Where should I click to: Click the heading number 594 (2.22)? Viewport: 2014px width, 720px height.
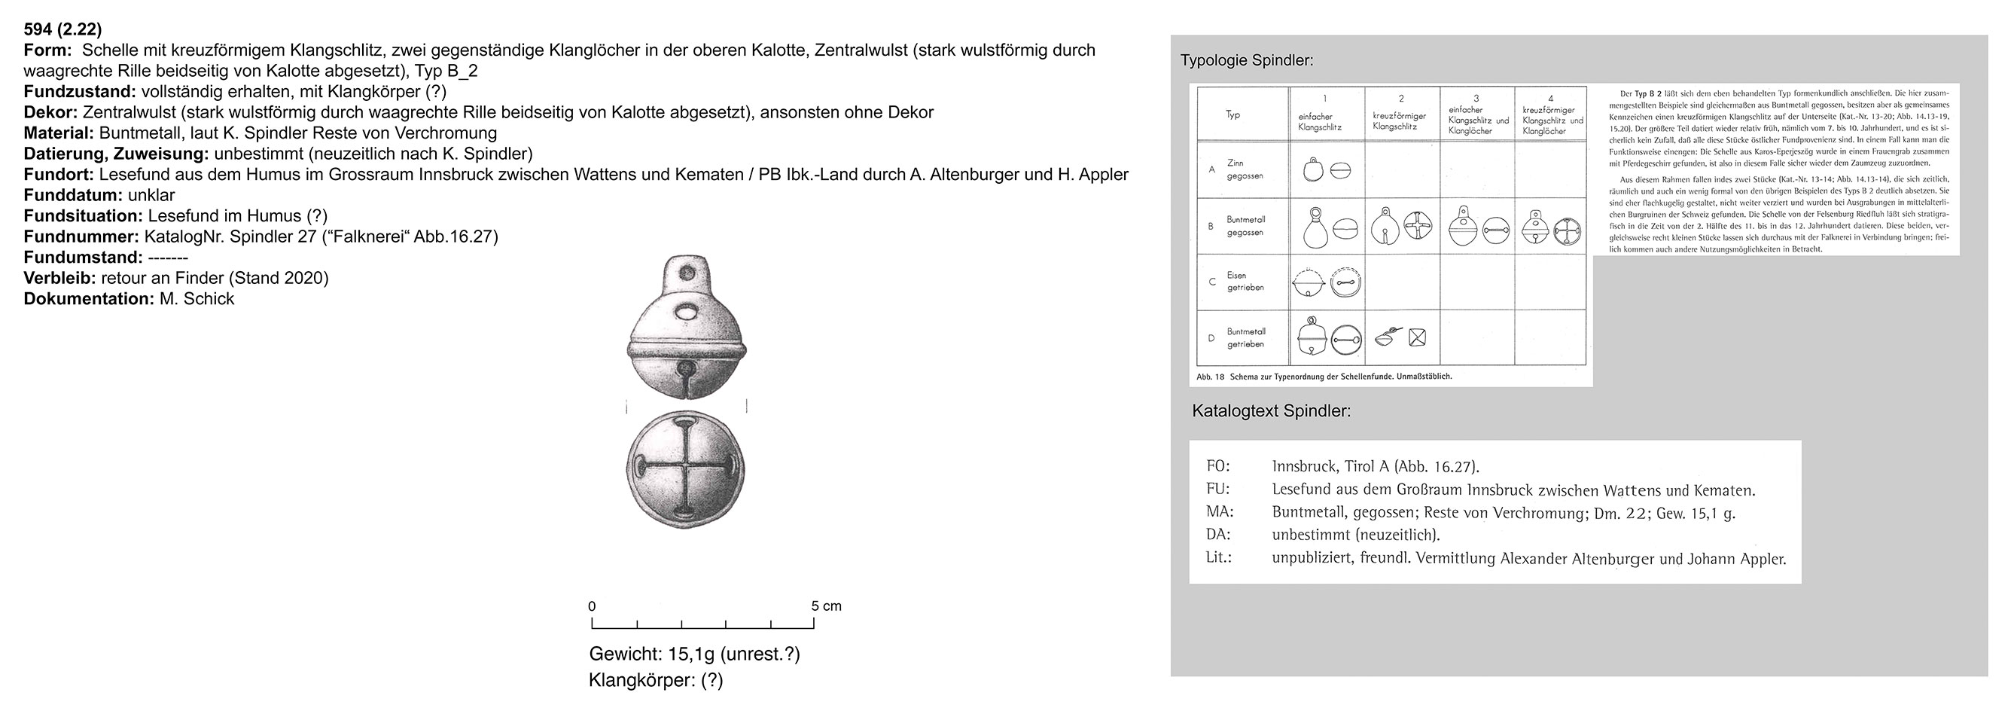click(x=62, y=29)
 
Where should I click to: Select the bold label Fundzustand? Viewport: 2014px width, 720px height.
click(x=80, y=91)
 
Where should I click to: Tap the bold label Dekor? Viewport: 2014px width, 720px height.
click(x=50, y=112)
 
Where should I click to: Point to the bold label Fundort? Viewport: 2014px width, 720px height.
click(x=59, y=174)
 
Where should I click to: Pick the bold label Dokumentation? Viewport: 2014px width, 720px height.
click(x=88, y=299)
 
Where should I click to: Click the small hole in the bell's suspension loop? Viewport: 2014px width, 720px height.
click(x=688, y=273)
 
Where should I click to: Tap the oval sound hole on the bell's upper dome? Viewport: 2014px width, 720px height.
click(x=688, y=313)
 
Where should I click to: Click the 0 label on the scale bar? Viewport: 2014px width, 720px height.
click(x=592, y=606)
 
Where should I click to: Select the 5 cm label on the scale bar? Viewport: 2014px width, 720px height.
click(x=826, y=606)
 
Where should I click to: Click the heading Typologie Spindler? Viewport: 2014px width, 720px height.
click(x=1246, y=61)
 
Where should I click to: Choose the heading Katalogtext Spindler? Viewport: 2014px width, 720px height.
click(x=1270, y=411)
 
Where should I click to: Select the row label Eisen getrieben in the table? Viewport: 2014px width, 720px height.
click(x=1245, y=282)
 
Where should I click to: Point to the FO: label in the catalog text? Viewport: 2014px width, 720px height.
click(x=1217, y=467)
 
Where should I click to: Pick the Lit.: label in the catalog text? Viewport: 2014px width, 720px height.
click(x=1218, y=558)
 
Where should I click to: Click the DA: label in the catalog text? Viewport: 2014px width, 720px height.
click(x=1217, y=535)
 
